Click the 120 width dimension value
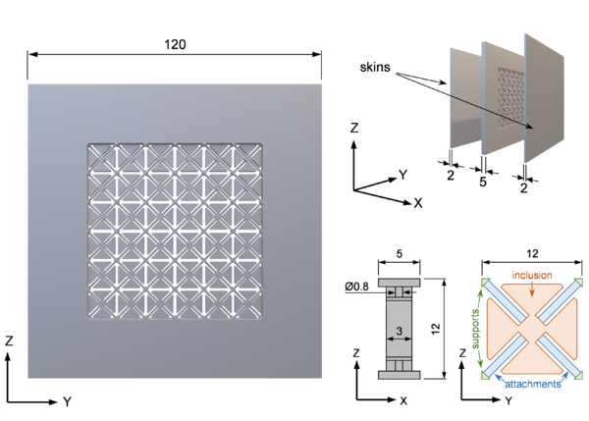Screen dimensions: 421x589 (x=175, y=45)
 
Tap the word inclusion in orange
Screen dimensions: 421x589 (x=530, y=275)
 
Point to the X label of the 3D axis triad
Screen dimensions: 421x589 (x=418, y=203)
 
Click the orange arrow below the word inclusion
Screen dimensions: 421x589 (x=530, y=290)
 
